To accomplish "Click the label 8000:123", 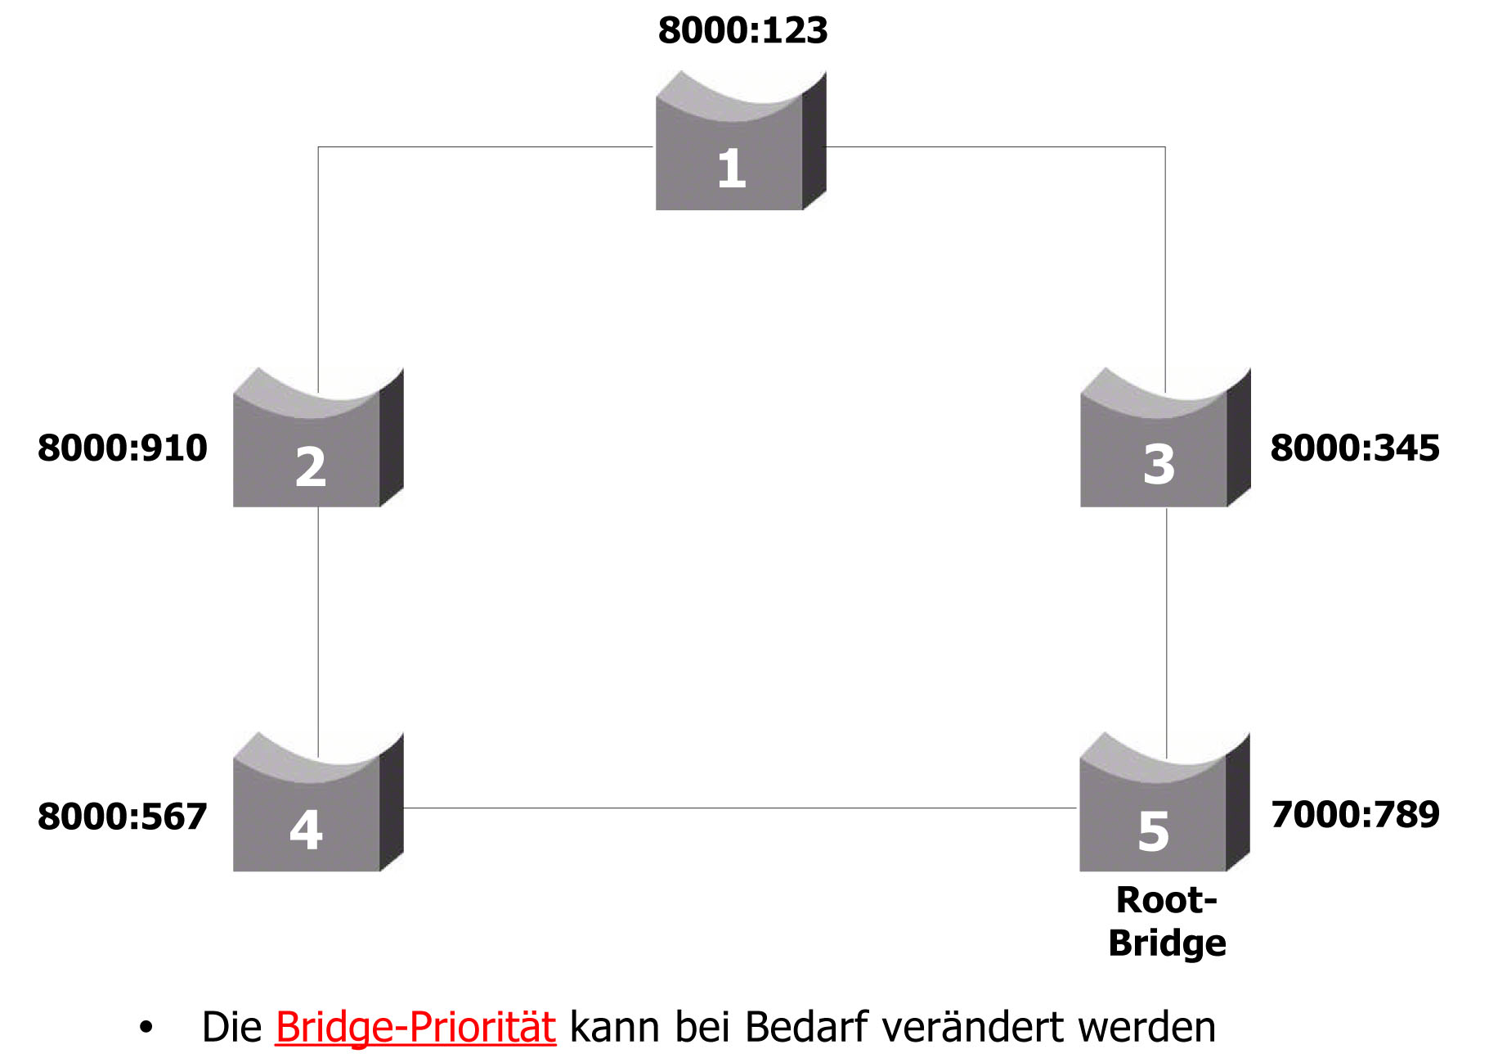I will coord(742,31).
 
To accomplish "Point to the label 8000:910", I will coord(123,448).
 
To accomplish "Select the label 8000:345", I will coord(1354,448).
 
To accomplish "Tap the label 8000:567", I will coord(123,817).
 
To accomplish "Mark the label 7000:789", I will coord(1355,814).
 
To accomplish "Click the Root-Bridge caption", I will coord(1167,921).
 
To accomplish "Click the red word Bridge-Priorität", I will coord(415,1028).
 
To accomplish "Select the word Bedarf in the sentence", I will coord(806,1028).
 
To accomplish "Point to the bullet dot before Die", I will coord(146,1028).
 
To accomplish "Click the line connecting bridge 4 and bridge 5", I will coord(736,808).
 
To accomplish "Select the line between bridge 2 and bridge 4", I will coord(318,622).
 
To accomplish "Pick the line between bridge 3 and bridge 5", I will coord(1166,622).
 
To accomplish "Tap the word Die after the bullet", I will coord(231,1028).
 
